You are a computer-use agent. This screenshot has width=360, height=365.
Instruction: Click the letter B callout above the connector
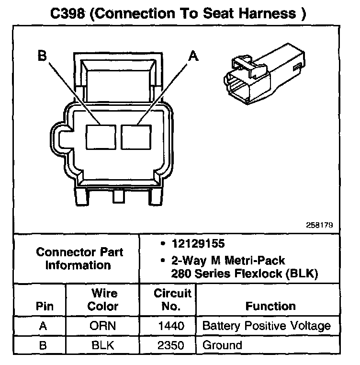42,56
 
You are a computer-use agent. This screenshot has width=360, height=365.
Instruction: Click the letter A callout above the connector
193,56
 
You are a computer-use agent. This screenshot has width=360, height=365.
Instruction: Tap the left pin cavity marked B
101,136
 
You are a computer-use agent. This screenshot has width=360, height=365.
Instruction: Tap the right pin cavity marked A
136,136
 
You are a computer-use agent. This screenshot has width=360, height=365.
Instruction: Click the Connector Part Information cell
79,258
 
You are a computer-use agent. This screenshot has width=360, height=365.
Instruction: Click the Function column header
270,306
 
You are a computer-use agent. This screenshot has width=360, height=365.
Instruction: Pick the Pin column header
44,306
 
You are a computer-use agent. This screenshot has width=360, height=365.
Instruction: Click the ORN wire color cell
103,326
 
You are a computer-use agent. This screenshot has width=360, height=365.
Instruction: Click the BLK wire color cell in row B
103,344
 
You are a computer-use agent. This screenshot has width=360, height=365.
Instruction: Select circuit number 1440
172,326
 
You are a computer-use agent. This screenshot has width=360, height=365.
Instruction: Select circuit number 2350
172,344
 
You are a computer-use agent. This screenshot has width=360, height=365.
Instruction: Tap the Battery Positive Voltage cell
267,326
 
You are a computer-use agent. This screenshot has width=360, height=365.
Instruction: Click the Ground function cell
222,344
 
